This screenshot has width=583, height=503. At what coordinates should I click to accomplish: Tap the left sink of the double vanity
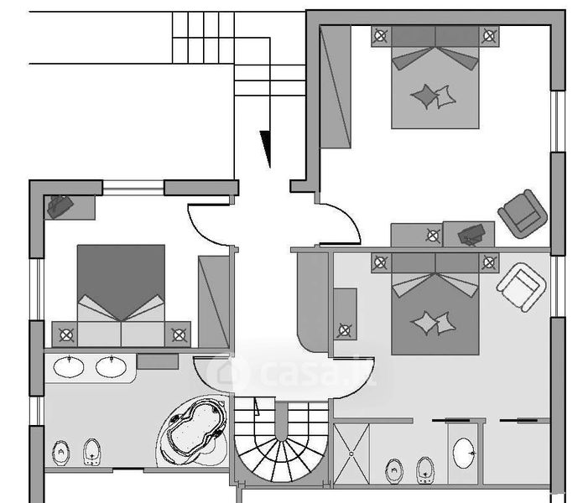click(69, 367)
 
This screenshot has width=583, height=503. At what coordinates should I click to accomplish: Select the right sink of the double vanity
click(111, 367)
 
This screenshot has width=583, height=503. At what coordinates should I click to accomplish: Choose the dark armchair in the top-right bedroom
click(523, 214)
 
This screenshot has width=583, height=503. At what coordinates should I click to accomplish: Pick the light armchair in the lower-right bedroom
click(521, 287)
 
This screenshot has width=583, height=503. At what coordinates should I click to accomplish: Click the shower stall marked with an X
click(351, 454)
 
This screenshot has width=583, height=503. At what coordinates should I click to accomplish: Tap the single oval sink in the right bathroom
click(464, 453)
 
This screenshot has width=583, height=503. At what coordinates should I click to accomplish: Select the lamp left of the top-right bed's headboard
click(380, 36)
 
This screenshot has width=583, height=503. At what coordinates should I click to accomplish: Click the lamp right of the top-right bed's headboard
click(489, 36)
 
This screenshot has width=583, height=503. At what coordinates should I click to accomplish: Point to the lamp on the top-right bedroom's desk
click(433, 236)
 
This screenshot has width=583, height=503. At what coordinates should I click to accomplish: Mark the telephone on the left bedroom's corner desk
click(60, 206)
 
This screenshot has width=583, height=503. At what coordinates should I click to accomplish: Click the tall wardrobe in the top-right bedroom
click(336, 87)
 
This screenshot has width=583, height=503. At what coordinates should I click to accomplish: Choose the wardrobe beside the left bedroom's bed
click(213, 302)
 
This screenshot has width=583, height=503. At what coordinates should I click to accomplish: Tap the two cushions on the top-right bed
click(434, 96)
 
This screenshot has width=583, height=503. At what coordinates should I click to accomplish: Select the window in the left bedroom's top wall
click(133, 188)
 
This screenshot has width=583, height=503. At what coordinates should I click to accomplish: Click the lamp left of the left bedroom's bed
click(66, 335)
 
